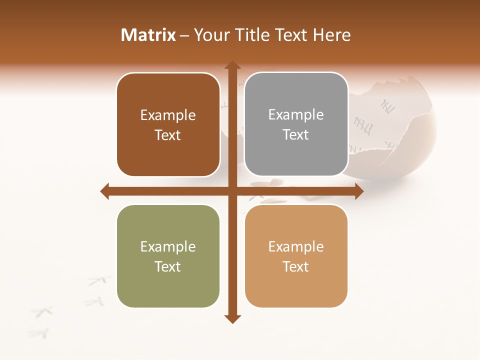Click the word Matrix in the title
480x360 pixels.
click(148, 35)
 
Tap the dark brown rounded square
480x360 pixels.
click(168, 124)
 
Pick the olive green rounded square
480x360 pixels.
click(168, 256)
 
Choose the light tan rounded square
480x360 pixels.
click(296, 256)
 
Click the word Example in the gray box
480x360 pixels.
click(296, 115)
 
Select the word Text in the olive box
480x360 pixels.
click(168, 266)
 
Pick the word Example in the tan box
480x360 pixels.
click(296, 246)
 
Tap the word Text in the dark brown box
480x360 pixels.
click(168, 135)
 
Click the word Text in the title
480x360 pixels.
click(289, 35)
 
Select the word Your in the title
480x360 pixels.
click(210, 35)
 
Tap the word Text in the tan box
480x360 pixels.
click(296, 266)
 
